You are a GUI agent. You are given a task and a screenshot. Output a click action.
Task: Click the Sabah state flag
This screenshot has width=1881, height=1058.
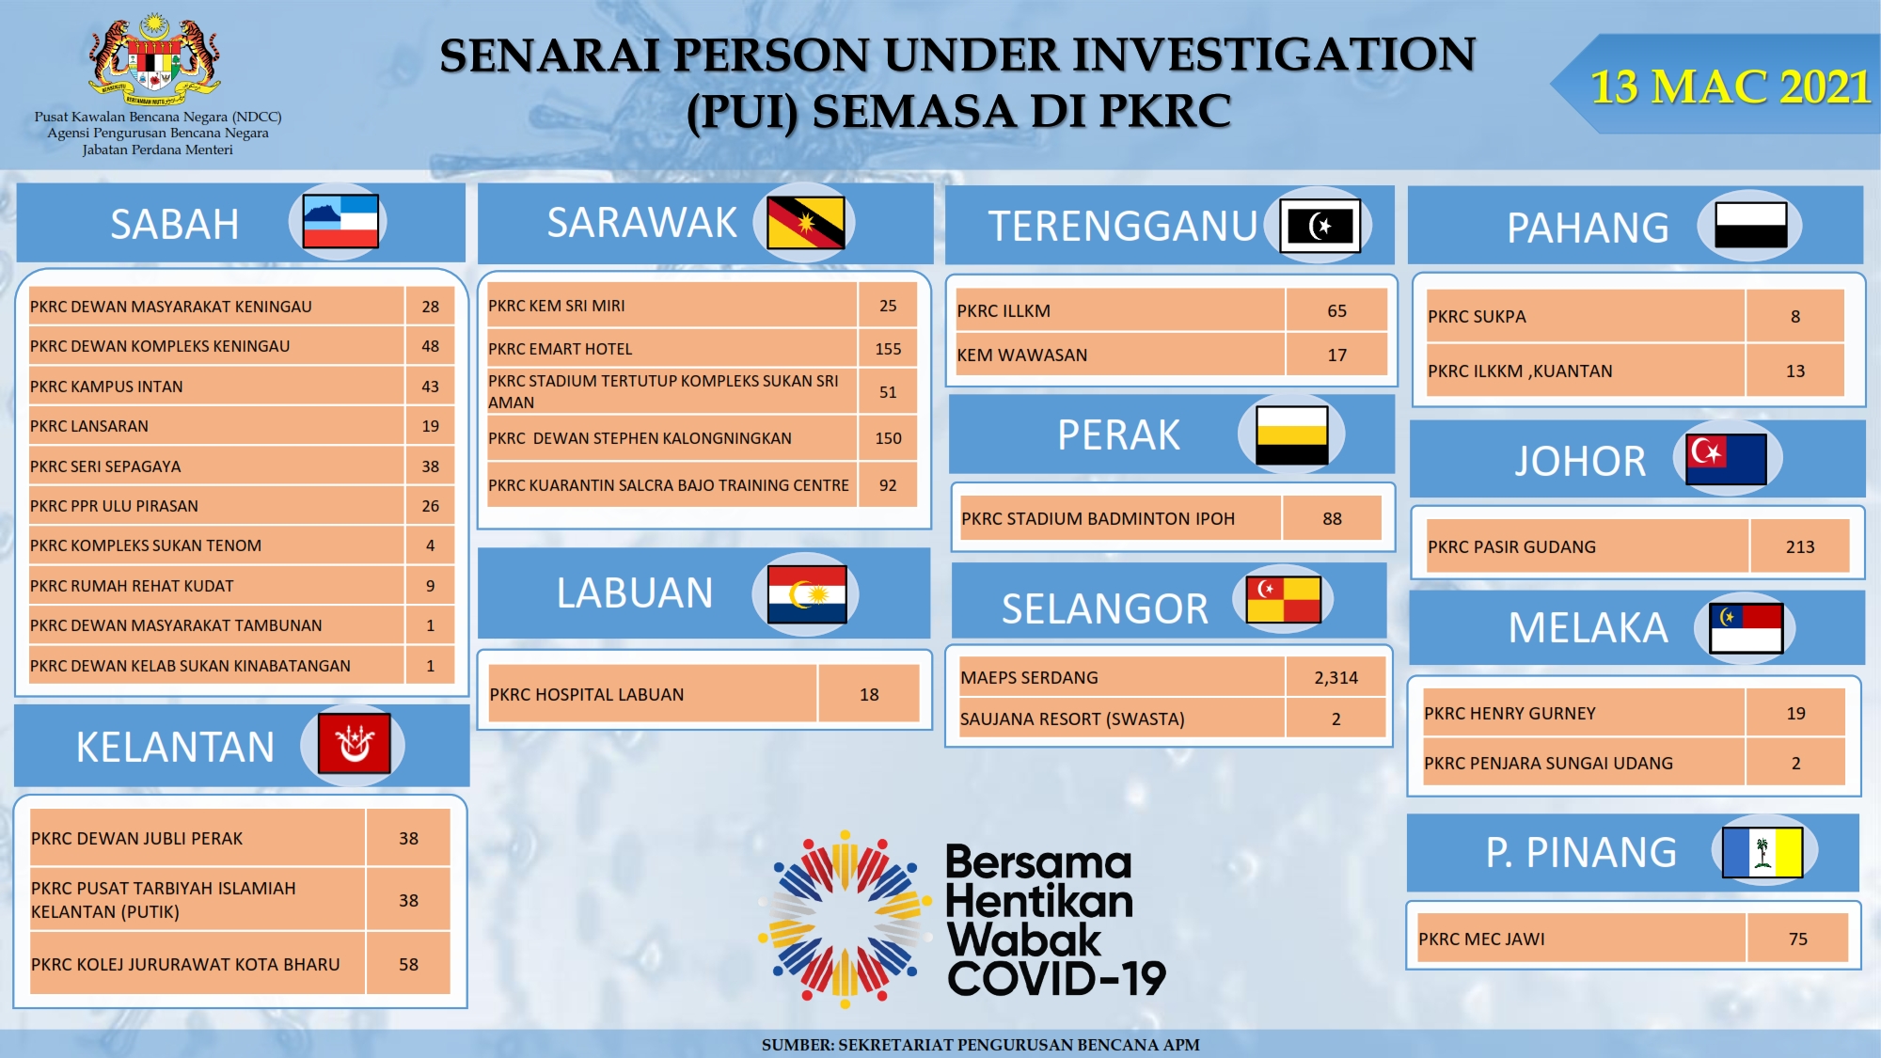[340, 221]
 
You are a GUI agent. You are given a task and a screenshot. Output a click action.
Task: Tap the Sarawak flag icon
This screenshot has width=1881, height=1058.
[805, 223]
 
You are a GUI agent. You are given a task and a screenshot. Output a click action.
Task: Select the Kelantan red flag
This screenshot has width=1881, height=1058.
[354, 744]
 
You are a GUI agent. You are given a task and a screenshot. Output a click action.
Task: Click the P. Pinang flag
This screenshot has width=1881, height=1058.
[1762, 852]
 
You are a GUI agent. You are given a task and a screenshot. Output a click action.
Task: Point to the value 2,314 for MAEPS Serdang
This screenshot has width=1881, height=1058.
[1336, 677]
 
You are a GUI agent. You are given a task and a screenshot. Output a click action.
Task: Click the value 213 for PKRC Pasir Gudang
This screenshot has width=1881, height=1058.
[1800, 547]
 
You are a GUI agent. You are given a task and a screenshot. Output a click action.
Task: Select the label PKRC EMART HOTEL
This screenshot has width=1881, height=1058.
[560, 349]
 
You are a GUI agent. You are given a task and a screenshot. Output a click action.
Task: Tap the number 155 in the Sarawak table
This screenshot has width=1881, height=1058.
[888, 349]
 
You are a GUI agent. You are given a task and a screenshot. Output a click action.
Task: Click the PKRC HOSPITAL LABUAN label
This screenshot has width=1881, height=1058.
[586, 695]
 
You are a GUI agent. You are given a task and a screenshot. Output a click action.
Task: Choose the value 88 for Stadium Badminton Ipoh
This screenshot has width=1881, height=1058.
[1332, 519]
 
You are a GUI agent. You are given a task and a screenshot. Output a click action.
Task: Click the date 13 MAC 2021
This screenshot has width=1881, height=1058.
[1730, 87]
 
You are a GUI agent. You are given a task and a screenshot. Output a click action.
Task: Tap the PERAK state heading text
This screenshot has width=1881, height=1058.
[1118, 435]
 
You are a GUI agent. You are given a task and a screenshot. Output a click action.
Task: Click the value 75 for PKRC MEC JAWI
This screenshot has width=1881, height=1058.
[1797, 940]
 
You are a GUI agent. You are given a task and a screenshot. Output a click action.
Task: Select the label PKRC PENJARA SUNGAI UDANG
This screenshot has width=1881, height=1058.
[1548, 764]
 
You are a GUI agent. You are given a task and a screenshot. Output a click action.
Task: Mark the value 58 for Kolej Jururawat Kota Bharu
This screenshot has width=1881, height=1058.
[408, 965]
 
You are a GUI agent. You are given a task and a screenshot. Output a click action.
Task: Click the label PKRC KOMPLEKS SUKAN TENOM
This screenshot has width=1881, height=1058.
[146, 545]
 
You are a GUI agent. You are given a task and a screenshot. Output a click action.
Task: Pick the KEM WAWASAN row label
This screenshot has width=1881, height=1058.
[1021, 355]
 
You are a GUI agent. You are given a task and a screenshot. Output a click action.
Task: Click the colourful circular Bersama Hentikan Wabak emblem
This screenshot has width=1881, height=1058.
[845, 919]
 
